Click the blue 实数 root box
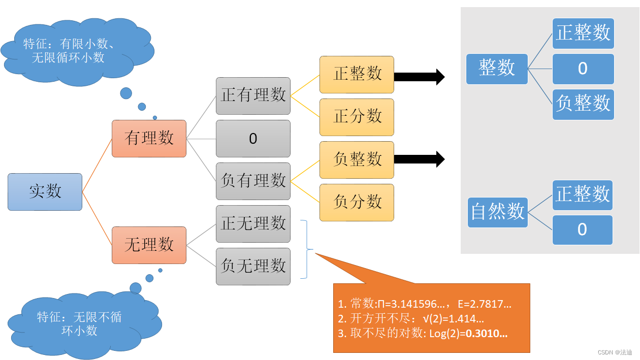[45, 191]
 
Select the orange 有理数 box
[149, 138]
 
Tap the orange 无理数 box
[149, 245]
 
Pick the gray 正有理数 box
[253, 95]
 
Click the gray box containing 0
[253, 138]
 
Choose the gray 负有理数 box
[253, 181]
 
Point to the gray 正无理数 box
[253, 223]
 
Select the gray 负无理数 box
[253, 266]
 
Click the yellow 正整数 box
[357, 74]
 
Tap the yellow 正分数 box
[357, 117]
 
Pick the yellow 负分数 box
[357, 202]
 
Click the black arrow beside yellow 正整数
[419, 77]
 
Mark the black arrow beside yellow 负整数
[419, 159]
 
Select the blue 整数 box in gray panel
[497, 69]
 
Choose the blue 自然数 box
[498, 212]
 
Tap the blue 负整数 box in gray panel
[583, 104]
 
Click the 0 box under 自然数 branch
[583, 230]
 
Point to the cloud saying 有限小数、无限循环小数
[76, 51]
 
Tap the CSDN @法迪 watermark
[615, 352]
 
